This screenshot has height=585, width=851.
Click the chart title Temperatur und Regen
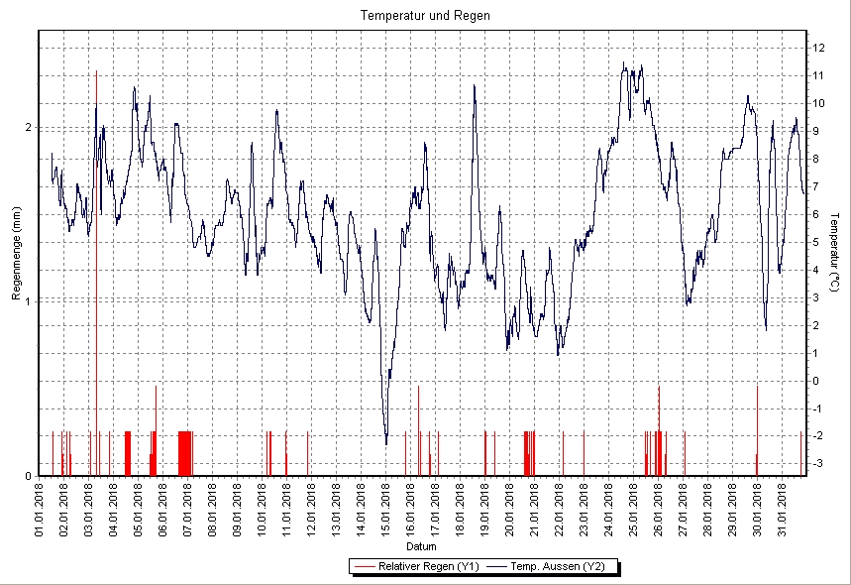tap(425, 16)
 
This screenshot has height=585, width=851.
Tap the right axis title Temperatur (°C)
tap(836, 253)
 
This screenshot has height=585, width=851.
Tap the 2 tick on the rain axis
tap(29, 127)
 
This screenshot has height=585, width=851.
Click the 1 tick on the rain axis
tap(29, 301)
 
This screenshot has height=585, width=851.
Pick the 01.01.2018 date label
tap(40, 509)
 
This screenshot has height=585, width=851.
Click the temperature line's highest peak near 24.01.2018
tap(623, 64)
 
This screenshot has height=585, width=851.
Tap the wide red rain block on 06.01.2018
tap(185, 453)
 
